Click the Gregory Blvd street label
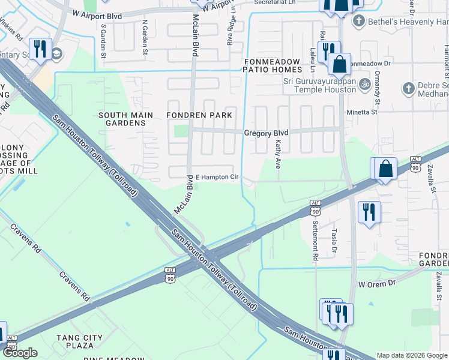tap(266, 133)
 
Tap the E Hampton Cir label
tap(218, 178)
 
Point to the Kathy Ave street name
tap(278, 154)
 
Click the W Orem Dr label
tap(378, 283)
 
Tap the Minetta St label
tap(362, 112)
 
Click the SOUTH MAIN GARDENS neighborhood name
tap(122, 119)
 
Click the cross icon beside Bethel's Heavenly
tap(359, 22)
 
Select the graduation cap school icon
tap(58, 53)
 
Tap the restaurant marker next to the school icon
tap(40, 49)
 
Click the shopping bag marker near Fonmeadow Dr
tap(339, 63)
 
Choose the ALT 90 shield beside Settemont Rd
tap(315, 208)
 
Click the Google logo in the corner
tap(20, 353)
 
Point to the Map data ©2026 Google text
tap(411, 355)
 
